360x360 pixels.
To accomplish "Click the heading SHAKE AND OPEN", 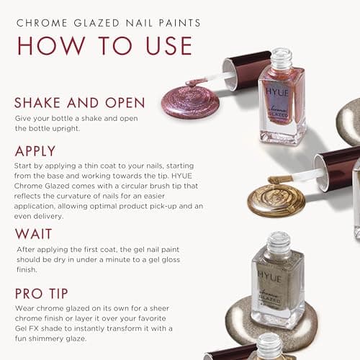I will [x=79, y=102].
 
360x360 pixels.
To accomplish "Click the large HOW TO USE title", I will [x=104, y=45].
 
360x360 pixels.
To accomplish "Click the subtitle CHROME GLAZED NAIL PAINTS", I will [x=108, y=23].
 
